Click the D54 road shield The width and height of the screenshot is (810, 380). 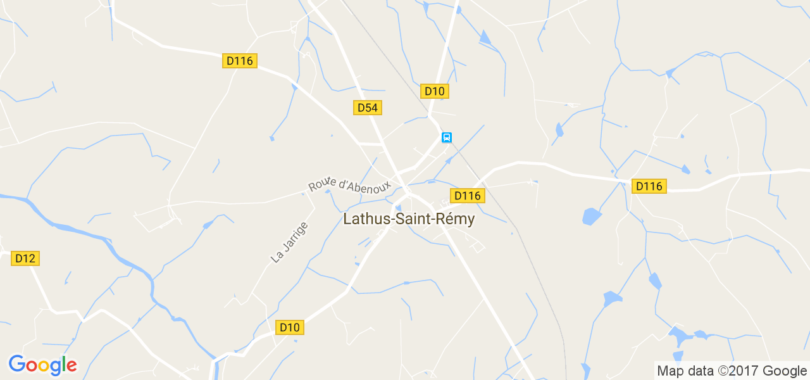(367, 108)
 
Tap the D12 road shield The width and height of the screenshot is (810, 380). (25, 258)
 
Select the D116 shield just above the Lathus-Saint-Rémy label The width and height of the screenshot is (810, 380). (467, 196)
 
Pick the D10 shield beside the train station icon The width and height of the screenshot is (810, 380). (434, 91)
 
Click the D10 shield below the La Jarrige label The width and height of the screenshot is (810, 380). (290, 327)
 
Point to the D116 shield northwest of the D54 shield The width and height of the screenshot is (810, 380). (240, 61)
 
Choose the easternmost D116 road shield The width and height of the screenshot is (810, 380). (649, 186)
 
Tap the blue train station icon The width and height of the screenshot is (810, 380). (446, 137)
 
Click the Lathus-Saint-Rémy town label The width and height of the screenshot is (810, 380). (409, 219)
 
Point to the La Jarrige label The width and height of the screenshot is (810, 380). (289, 242)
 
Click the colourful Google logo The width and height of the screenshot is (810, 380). (42, 365)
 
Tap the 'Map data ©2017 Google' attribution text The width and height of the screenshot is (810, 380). (732, 370)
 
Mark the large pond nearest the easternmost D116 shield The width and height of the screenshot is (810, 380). (591, 217)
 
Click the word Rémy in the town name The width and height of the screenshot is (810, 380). (457, 219)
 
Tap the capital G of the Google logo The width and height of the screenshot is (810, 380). (17, 365)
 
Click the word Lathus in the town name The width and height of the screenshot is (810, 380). (363, 219)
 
